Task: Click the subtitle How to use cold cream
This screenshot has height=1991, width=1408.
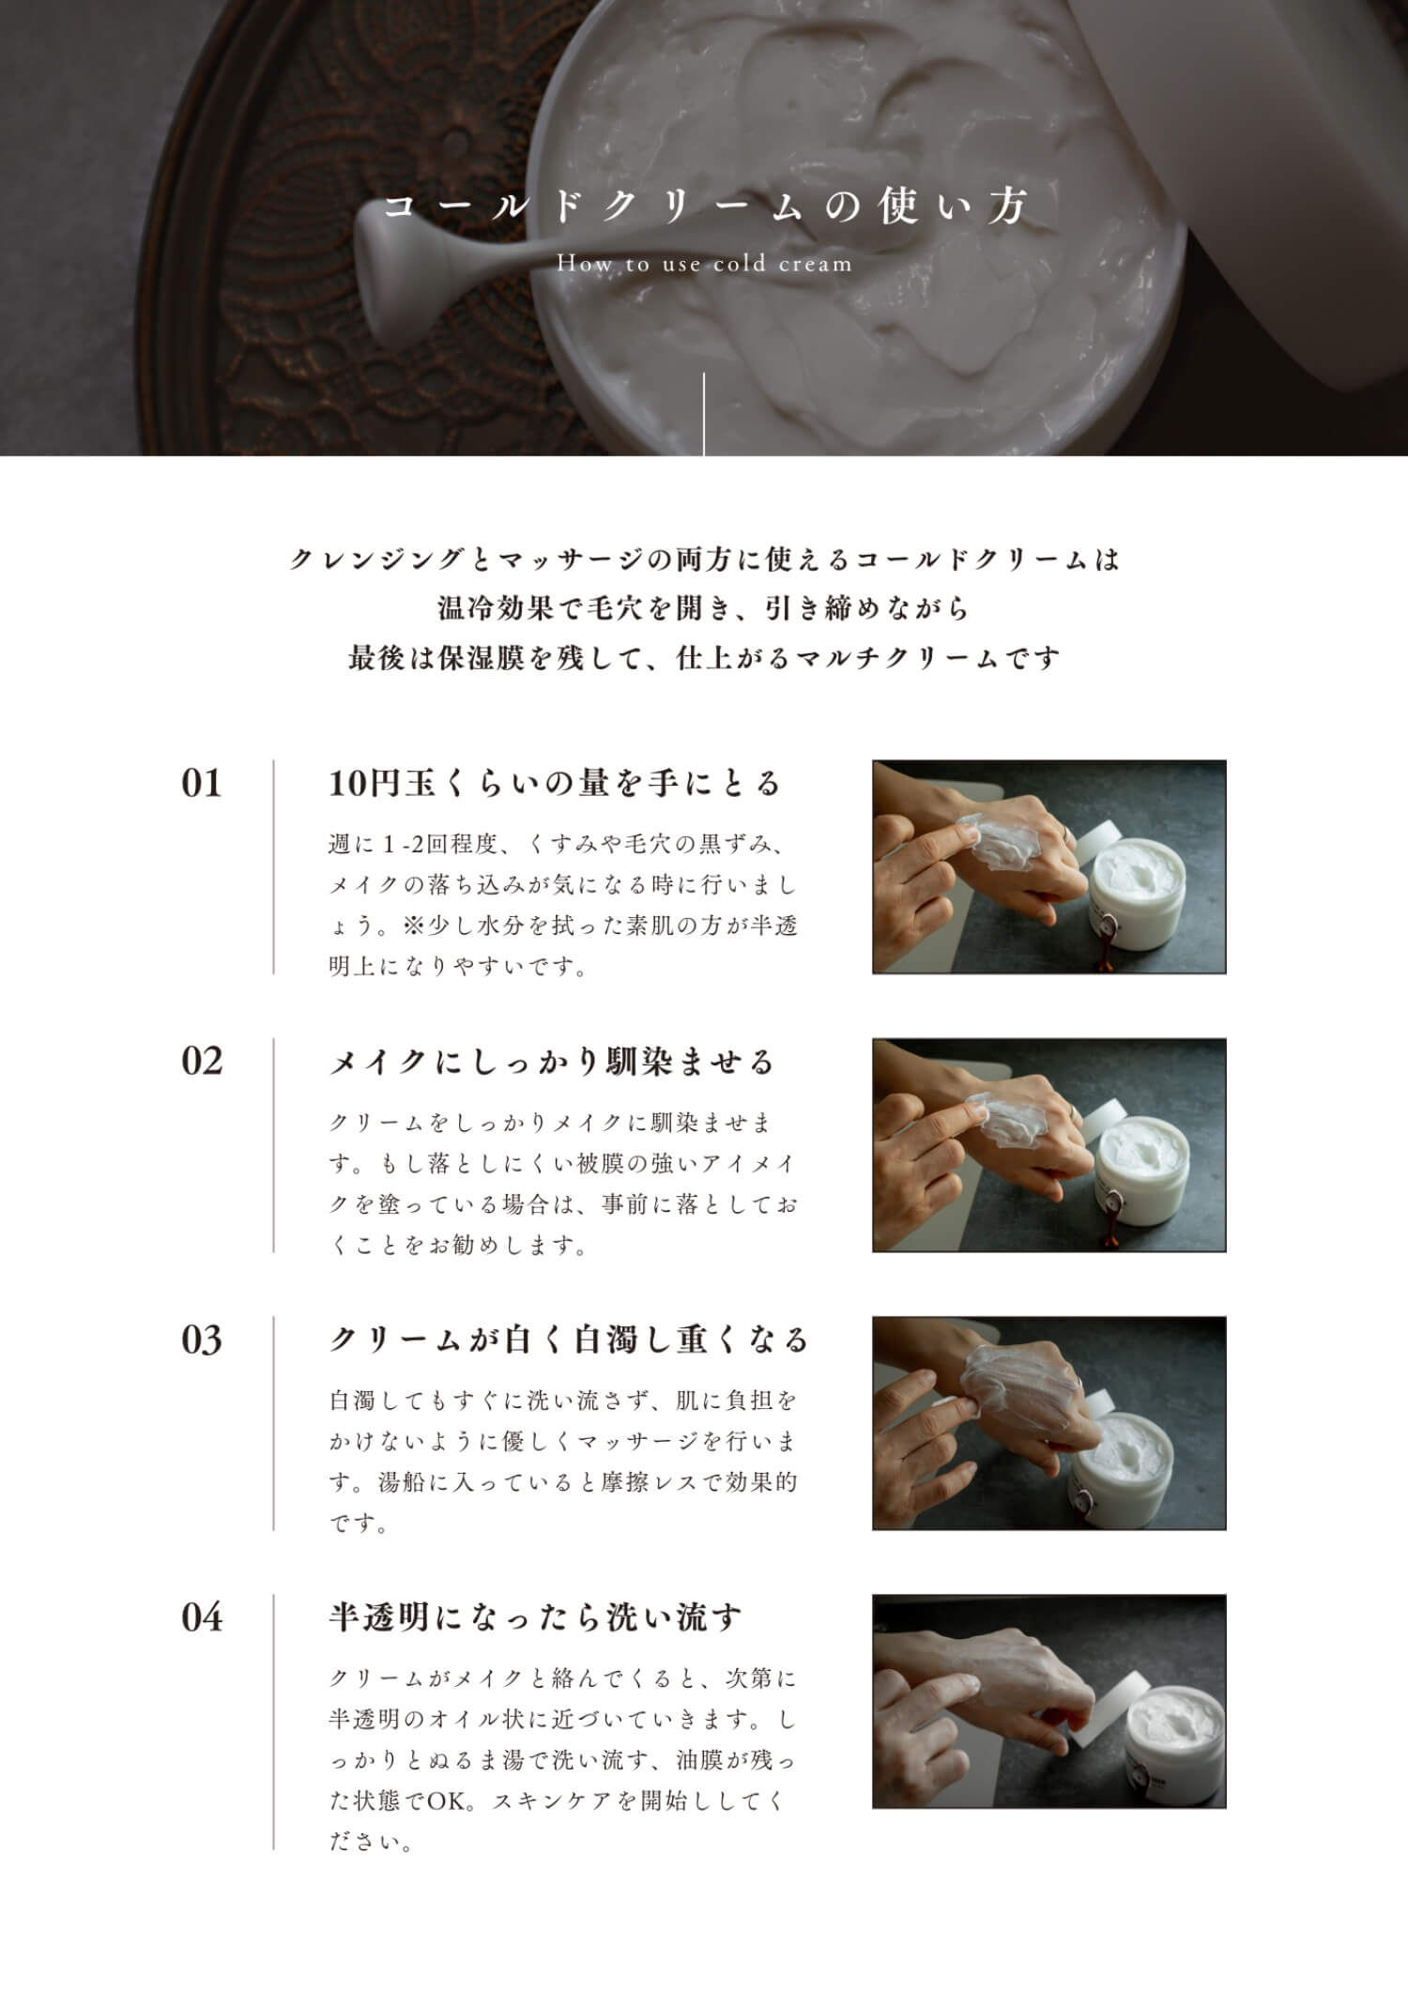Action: [705, 264]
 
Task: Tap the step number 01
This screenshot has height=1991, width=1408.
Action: [202, 783]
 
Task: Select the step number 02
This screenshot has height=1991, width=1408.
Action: [202, 1061]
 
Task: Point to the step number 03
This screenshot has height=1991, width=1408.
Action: [202, 1340]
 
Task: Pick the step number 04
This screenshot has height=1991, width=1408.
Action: [202, 1617]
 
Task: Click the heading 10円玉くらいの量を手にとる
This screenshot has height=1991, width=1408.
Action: [555, 783]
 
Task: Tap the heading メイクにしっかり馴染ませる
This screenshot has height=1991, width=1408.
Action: [552, 1062]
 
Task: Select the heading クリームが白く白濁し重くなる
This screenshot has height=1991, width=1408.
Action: [569, 1340]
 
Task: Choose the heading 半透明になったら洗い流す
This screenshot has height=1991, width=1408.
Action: [535, 1617]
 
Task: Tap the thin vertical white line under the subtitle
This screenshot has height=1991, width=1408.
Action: [704, 414]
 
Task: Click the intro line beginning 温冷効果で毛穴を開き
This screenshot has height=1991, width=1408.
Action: [704, 608]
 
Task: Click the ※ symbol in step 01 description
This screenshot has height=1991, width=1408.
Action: [413, 926]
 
